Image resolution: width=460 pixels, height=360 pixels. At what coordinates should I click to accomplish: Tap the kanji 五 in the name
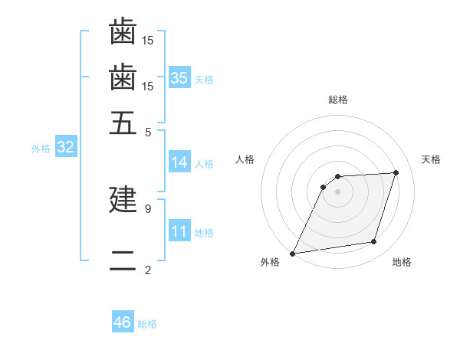pyautogui.click(x=123, y=123)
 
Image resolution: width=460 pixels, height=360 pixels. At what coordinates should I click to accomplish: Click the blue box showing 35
pyautogui.click(x=179, y=77)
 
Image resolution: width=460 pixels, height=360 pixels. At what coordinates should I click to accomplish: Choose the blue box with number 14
pyautogui.click(x=179, y=162)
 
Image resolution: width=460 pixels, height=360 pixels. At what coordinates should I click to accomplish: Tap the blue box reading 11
pyautogui.click(x=179, y=231)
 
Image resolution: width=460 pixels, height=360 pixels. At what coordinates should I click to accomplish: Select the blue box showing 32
pyautogui.click(x=66, y=148)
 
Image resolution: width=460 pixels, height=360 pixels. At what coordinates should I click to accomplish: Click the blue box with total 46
pyautogui.click(x=123, y=322)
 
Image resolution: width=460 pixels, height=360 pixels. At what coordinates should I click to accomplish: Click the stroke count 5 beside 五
pyautogui.click(x=148, y=132)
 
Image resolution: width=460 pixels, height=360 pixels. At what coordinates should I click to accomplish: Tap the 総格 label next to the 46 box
pyautogui.click(x=147, y=324)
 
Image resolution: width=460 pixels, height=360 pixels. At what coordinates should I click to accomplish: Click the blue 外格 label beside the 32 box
pyautogui.click(x=41, y=149)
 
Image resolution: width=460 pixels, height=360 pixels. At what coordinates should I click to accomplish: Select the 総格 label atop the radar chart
pyautogui.click(x=338, y=100)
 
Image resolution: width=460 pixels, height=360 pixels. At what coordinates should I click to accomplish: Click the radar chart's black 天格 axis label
pyautogui.click(x=431, y=159)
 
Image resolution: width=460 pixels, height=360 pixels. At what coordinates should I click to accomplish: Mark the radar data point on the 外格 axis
pyautogui.click(x=293, y=254)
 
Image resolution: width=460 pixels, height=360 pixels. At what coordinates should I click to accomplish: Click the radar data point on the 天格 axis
pyautogui.click(x=396, y=172)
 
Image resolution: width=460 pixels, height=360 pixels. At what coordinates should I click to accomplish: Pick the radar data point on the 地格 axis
pyautogui.click(x=374, y=242)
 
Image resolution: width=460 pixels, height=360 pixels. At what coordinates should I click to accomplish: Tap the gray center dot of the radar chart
pyautogui.click(x=338, y=191)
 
